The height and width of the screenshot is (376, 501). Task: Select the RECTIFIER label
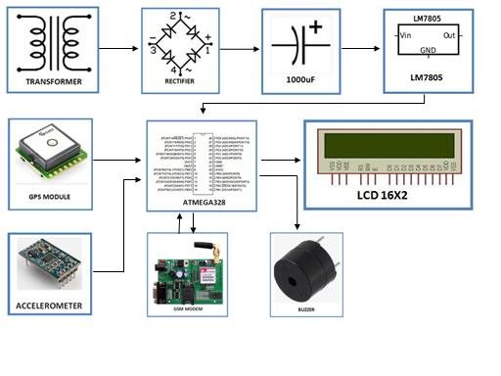(x=178, y=83)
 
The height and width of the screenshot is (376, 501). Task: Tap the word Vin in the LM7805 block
(x=403, y=34)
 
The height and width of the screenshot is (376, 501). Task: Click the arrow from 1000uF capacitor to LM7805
(x=359, y=47)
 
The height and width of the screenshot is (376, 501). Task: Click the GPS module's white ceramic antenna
(x=46, y=150)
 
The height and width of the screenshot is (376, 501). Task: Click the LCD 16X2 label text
(x=395, y=196)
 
